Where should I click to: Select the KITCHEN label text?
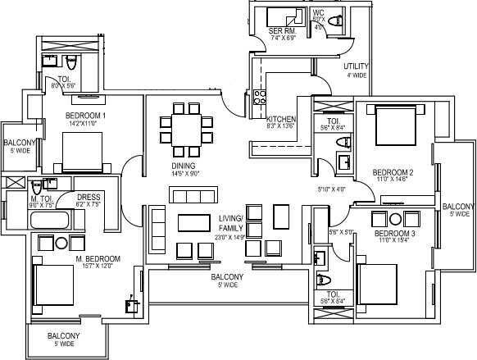click(280, 120)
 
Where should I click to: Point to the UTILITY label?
click(357, 66)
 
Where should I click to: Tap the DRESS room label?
click(89, 198)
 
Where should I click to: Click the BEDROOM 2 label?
click(392, 172)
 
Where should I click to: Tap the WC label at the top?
click(319, 13)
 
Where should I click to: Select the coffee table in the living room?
click(194, 224)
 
